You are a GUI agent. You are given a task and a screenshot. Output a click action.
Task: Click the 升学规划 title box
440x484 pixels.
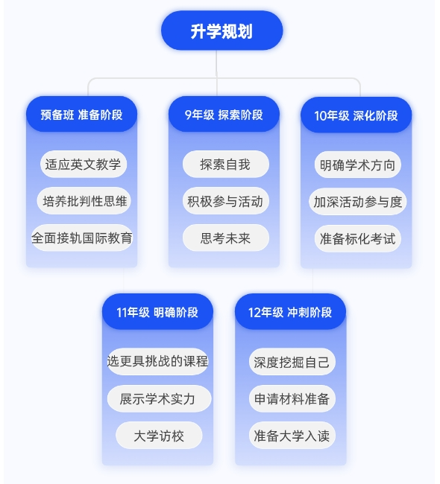pyautogui.click(x=221, y=31)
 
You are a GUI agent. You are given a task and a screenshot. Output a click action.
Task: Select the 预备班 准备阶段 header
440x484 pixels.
pyautogui.click(x=81, y=114)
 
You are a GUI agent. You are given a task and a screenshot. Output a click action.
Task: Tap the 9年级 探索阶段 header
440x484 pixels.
pyautogui.click(x=224, y=114)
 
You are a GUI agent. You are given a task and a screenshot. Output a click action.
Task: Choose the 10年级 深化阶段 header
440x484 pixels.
pyautogui.click(x=356, y=115)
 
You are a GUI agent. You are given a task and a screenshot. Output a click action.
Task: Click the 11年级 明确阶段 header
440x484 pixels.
pyautogui.click(x=157, y=312)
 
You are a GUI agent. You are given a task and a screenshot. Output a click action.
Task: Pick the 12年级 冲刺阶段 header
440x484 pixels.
pyautogui.click(x=290, y=312)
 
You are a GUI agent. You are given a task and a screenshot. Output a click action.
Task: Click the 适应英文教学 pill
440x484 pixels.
pyautogui.click(x=84, y=164)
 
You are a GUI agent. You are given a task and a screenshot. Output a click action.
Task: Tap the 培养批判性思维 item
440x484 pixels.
pyautogui.click(x=84, y=200)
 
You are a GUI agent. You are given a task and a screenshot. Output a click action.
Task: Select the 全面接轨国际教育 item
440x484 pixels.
pyautogui.click(x=82, y=238)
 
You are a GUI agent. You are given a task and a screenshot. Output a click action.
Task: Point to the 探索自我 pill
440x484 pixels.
pyautogui.click(x=226, y=164)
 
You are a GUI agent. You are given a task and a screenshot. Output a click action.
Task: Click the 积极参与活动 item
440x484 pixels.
pyautogui.click(x=226, y=200)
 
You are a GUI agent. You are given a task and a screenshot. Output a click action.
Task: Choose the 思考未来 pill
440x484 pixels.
pyautogui.click(x=226, y=238)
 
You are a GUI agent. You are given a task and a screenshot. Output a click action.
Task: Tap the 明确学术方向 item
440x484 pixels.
pyautogui.click(x=358, y=165)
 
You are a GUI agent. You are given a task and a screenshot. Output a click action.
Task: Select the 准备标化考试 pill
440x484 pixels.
pyautogui.click(x=358, y=238)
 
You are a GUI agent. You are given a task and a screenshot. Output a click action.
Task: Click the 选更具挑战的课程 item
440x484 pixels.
pyautogui.click(x=157, y=361)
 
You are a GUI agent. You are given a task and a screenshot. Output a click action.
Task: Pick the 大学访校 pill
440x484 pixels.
pyautogui.click(x=159, y=436)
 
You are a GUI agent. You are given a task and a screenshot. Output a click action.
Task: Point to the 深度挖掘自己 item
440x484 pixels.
pyautogui.click(x=292, y=362)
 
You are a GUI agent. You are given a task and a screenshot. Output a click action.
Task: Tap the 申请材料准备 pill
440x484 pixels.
pyautogui.click(x=292, y=398)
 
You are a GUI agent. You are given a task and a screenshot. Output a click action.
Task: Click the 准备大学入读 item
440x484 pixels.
pyautogui.click(x=292, y=436)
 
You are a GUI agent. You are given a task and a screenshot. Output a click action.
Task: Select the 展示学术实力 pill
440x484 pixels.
pyautogui.click(x=160, y=398)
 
